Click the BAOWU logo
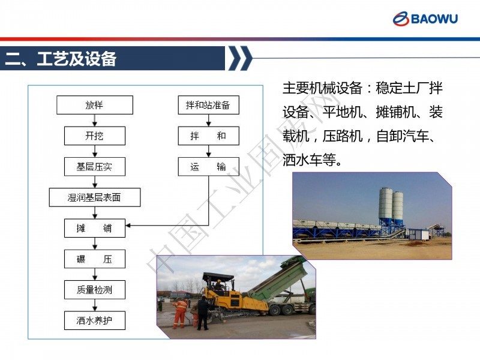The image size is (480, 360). point(425,19)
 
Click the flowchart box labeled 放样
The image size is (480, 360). point(95,105)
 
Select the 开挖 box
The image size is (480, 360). point(95,136)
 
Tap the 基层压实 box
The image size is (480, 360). point(95,167)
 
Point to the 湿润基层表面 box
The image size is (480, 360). point(95,197)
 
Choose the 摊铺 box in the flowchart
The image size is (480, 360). point(95,228)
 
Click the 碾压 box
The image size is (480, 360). point(95,259)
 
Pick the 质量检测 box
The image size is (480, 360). point(95,290)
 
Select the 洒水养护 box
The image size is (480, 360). point(95,320)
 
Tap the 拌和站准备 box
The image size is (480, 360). point(208,105)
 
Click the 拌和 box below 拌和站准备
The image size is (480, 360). point(208,136)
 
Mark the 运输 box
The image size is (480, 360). point(208,167)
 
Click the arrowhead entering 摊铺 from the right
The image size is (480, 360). point(128,226)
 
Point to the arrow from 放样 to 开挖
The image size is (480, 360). point(95,121)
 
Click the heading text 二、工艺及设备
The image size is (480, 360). point(61,58)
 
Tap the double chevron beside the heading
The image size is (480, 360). point(241,58)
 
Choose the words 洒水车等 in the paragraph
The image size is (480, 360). point(309,160)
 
